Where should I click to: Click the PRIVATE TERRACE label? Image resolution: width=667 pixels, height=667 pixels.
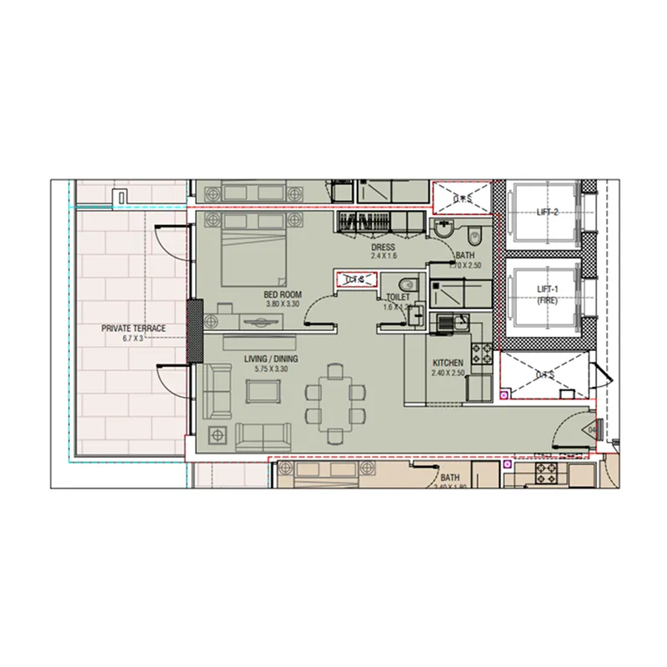tap(133, 328)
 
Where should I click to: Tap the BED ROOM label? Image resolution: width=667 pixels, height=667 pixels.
tap(283, 294)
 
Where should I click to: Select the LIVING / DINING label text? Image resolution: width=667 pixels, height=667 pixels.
tap(271, 359)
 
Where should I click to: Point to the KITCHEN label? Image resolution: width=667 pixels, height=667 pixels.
tap(449, 364)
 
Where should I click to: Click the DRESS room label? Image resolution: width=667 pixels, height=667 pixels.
tap(384, 248)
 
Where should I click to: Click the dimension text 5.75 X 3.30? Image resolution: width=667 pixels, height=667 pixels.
tap(271, 369)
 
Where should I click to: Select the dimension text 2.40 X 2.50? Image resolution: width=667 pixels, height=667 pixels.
tap(449, 374)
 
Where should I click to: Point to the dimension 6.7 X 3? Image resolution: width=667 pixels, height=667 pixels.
tap(133, 339)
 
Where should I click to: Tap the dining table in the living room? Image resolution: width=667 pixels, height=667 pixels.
tap(335, 402)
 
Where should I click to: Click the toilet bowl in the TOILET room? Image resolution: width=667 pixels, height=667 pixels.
tap(406, 283)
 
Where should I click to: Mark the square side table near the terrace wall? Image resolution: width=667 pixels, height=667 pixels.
tap(219, 434)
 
